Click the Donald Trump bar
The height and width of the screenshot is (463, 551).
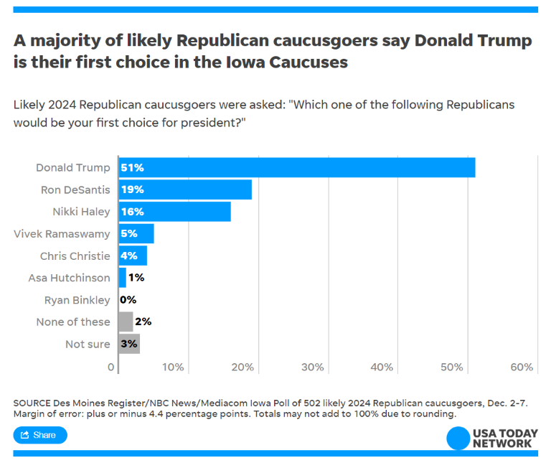(296, 167)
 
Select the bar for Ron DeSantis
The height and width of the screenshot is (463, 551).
(185, 190)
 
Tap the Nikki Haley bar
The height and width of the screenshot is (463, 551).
(174, 212)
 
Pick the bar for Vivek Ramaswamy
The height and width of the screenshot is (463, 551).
(136, 233)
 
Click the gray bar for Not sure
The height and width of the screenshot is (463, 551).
(129, 344)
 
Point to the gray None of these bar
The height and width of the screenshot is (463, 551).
(126, 322)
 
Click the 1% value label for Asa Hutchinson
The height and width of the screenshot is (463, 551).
(136, 278)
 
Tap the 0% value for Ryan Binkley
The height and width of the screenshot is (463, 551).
(128, 300)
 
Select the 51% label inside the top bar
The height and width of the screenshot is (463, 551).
(132, 167)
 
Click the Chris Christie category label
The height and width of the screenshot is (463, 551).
(75, 256)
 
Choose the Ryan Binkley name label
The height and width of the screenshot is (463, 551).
(77, 300)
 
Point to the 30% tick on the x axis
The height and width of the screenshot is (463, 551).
(313, 368)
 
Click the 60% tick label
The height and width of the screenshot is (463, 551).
(522, 368)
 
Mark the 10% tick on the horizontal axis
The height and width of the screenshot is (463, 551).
(174, 368)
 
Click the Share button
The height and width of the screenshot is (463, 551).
(40, 435)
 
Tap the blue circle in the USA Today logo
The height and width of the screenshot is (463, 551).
(458, 439)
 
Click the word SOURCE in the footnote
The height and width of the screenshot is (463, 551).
(34, 403)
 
